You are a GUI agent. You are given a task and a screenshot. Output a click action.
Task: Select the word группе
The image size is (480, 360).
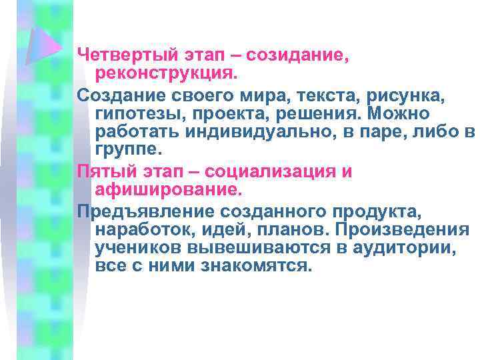pos(129,148)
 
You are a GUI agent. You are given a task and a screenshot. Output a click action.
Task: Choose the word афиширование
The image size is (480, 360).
pos(167,189)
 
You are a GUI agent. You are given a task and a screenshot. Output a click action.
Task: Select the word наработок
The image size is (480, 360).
pos(139,230)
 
